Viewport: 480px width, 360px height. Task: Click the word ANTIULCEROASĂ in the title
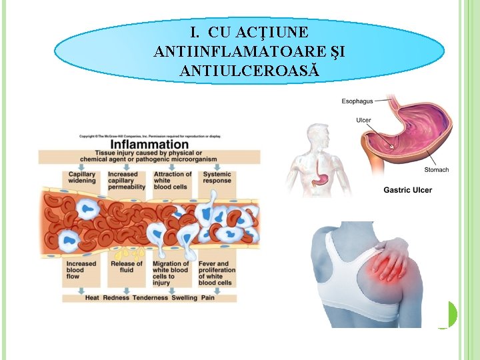coord(249,69)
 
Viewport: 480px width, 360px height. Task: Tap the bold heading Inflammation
coord(149,144)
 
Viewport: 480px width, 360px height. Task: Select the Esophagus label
coord(357,102)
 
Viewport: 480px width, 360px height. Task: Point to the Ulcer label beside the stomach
coord(363,121)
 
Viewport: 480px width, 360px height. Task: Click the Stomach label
coord(437,170)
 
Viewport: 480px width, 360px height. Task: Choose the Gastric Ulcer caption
coord(407,190)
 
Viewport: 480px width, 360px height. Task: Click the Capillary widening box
coord(81,178)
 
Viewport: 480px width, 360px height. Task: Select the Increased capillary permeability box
coord(127,181)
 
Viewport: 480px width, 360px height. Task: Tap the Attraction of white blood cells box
coord(172,181)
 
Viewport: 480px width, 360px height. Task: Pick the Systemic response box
coord(217,178)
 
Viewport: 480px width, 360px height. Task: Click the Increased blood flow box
coord(81,270)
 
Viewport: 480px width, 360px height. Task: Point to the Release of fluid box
coord(126,267)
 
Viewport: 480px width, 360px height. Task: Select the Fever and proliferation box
coord(217,273)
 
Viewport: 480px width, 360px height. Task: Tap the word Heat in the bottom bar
coord(93,298)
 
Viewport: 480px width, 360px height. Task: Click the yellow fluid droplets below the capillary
coord(127,253)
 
